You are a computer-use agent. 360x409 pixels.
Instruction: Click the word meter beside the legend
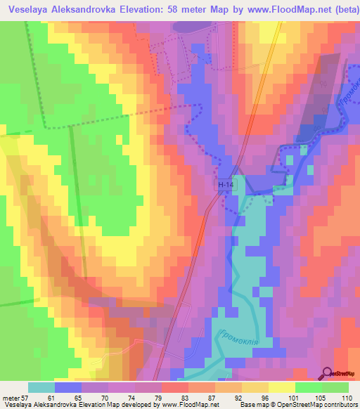point(11,398)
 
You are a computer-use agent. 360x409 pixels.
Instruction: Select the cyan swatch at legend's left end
point(41,387)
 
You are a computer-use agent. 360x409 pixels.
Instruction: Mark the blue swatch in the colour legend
point(68,387)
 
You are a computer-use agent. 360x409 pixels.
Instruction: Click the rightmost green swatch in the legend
point(335,387)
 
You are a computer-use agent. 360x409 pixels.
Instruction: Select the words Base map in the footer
point(250,405)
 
